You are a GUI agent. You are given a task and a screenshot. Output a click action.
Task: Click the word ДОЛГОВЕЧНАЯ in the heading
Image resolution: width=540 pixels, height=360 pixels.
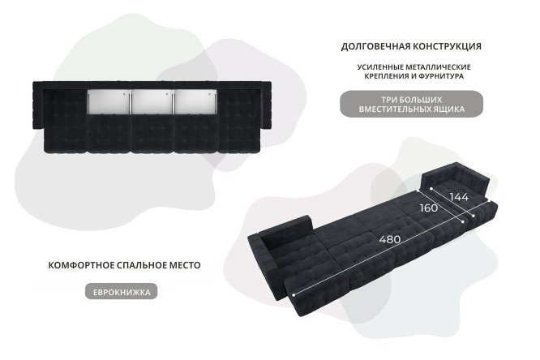click(x=375, y=46)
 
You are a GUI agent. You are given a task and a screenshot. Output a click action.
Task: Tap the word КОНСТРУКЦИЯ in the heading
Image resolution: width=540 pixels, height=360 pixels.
click(x=447, y=46)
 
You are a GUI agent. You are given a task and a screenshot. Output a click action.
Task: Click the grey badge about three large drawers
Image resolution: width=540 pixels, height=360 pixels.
click(x=412, y=104)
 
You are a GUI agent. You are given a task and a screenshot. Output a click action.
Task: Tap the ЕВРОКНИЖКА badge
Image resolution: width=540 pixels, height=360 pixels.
click(x=122, y=291)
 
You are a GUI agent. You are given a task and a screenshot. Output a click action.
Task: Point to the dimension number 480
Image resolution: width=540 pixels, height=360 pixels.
click(x=390, y=239)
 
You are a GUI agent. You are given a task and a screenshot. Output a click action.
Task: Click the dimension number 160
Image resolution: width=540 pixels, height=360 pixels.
click(x=429, y=208)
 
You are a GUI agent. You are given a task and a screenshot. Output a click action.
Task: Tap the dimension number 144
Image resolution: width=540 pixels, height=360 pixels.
click(x=460, y=197)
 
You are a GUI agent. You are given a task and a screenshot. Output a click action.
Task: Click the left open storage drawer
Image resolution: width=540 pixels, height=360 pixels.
click(x=109, y=101)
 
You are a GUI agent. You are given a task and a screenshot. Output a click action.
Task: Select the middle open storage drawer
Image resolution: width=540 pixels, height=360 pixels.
click(x=152, y=101)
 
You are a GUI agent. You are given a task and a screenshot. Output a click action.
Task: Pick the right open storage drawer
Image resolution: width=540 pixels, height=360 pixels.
click(x=195, y=101)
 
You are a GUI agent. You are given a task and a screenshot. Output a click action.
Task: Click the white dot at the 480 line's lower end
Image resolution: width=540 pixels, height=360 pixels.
click(x=294, y=295)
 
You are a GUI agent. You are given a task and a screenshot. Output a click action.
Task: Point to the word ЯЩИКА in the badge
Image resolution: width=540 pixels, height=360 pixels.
click(x=449, y=109)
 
